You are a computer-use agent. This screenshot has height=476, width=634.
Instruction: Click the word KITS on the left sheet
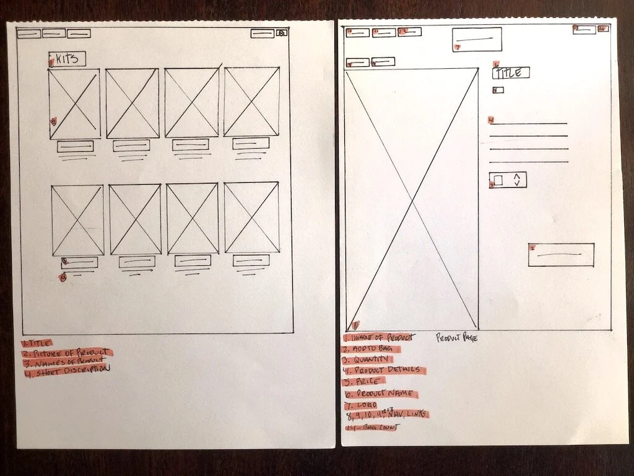(x=67, y=59)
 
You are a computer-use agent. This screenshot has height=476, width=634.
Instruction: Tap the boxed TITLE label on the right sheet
(x=511, y=73)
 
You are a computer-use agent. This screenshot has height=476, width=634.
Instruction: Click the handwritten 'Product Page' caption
(x=457, y=338)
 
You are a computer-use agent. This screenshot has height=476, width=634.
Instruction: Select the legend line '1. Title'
(x=37, y=342)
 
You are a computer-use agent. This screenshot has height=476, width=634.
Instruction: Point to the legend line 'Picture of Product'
(x=67, y=353)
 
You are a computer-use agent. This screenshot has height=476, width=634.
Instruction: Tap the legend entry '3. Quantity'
(x=368, y=359)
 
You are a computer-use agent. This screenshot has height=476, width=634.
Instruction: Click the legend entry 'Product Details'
(x=384, y=371)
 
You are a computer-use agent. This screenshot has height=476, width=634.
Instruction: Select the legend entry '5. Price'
(x=364, y=381)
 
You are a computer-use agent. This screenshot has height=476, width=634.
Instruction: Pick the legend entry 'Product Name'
(x=381, y=394)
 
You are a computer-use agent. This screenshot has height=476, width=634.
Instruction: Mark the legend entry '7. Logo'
(x=360, y=405)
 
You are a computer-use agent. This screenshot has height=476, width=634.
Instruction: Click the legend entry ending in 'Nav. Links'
(x=386, y=414)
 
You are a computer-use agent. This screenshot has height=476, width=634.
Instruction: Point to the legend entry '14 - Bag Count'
(x=372, y=427)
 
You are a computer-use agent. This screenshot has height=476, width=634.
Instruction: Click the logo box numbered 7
(x=477, y=39)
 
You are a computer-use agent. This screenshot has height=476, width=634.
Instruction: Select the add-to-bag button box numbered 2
(x=561, y=255)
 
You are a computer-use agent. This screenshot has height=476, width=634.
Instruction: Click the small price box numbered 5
(x=498, y=90)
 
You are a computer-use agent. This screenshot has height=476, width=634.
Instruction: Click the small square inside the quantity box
(x=498, y=180)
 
